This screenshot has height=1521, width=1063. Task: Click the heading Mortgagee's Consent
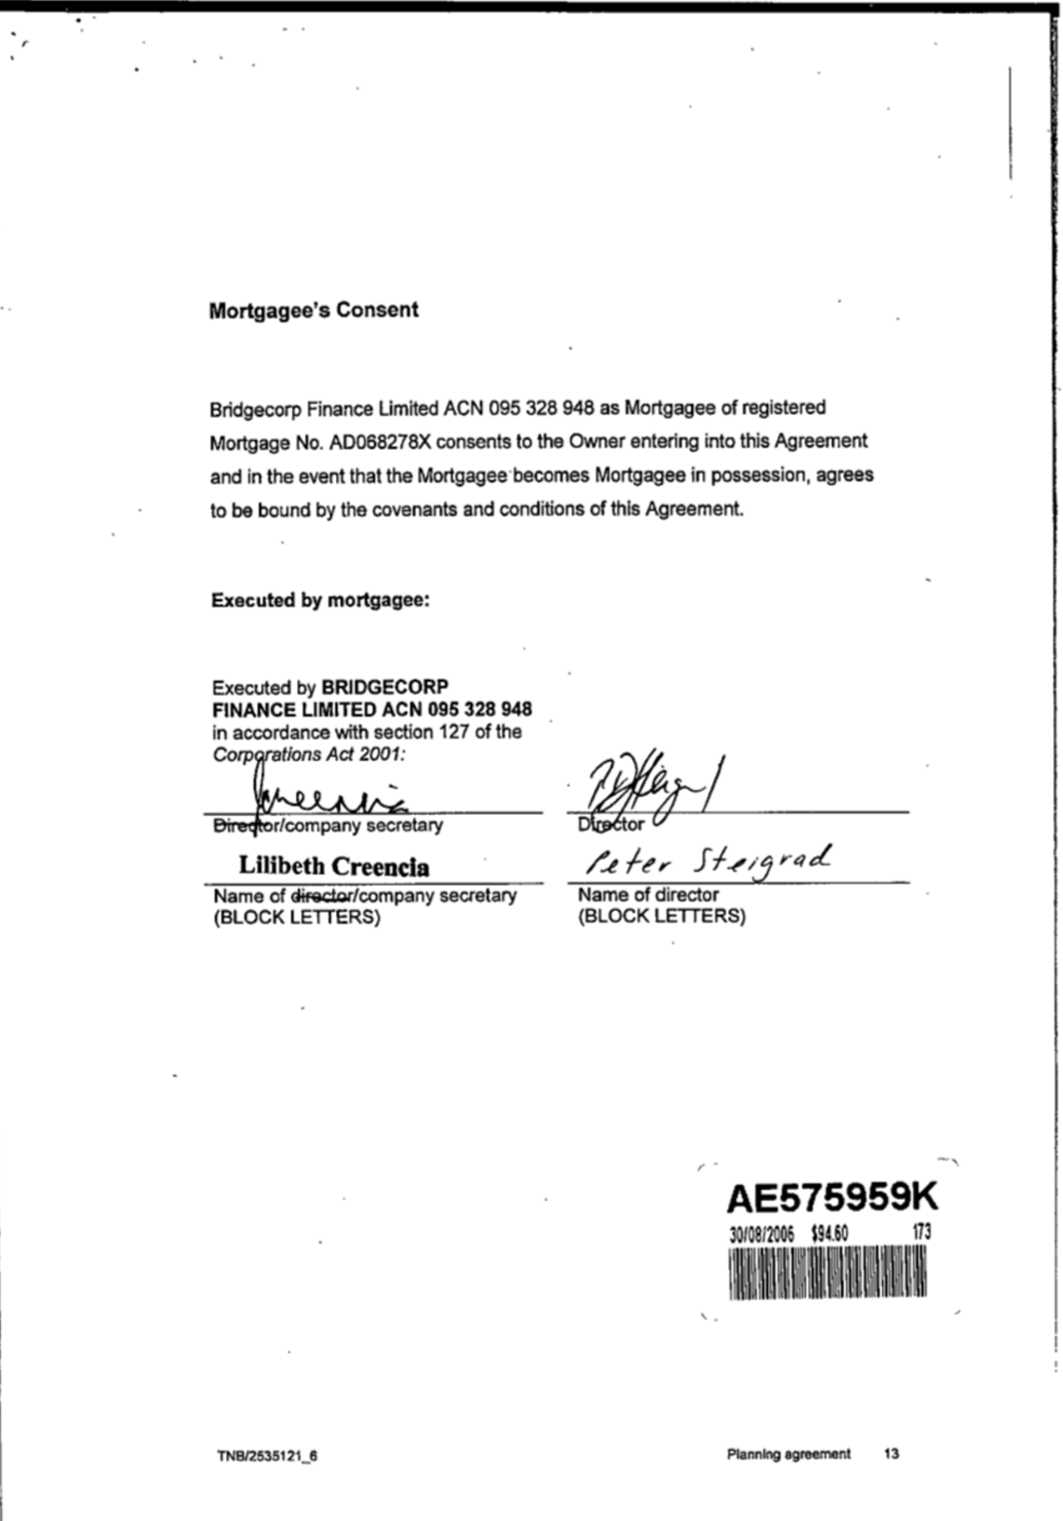click(x=313, y=310)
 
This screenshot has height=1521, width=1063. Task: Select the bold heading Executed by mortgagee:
click(x=320, y=600)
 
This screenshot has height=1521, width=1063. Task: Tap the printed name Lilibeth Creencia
click(x=334, y=866)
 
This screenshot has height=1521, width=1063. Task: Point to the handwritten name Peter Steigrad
click(x=708, y=861)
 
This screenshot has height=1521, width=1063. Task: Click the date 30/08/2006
click(x=762, y=1233)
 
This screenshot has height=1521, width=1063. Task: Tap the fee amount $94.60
click(x=829, y=1233)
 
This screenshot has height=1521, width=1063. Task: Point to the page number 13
click(x=891, y=1453)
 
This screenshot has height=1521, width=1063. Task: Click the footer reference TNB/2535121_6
click(x=267, y=1456)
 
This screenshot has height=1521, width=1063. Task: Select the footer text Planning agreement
click(x=789, y=1453)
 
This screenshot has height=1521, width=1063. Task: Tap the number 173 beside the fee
click(x=920, y=1232)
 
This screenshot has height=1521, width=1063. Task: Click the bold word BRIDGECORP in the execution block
click(x=385, y=688)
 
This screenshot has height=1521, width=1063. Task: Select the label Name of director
click(x=648, y=894)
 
